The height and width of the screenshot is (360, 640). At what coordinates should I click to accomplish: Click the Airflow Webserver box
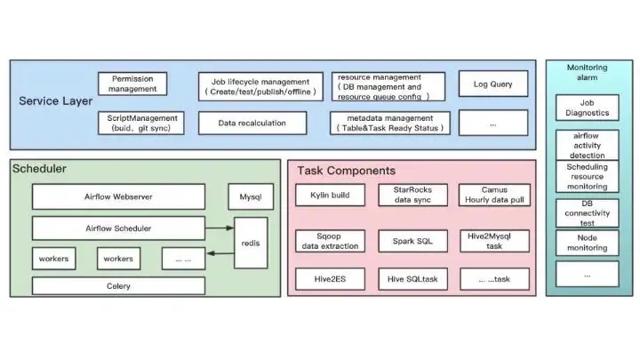118,196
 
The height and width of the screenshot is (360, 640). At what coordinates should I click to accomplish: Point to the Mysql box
251,196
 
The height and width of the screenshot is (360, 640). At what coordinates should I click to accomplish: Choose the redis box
251,243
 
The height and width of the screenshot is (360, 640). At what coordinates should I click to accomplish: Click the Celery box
118,286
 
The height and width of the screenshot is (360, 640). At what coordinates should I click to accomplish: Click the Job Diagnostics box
587,108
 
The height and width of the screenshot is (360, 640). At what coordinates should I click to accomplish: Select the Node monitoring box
587,242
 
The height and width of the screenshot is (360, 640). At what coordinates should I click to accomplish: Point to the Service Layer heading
55,101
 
